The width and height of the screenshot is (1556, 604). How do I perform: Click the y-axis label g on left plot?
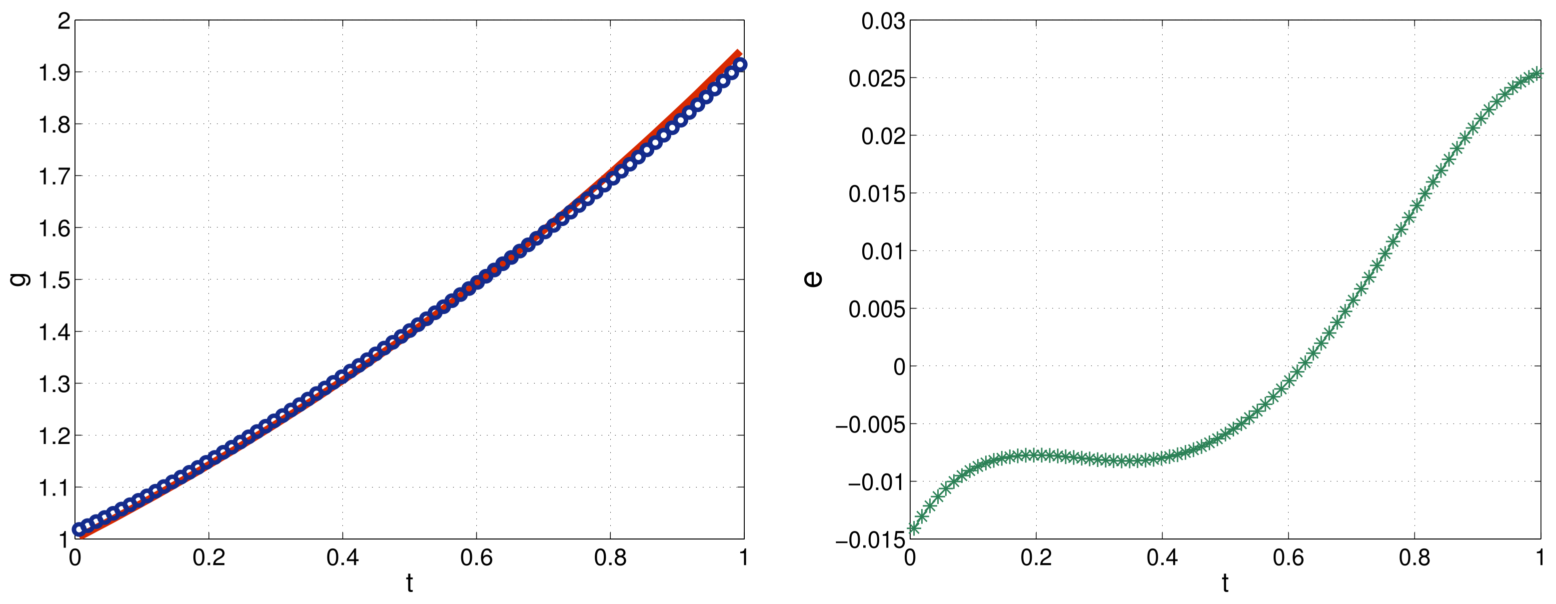click(x=20, y=279)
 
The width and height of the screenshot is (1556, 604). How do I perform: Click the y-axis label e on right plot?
click(x=813, y=278)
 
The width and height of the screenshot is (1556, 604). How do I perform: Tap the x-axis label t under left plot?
click(x=409, y=583)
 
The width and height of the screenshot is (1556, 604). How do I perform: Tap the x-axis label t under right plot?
click(x=1225, y=583)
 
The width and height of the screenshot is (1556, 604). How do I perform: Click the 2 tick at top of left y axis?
click(x=63, y=21)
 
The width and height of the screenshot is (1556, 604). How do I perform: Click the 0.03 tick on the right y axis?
click(x=883, y=21)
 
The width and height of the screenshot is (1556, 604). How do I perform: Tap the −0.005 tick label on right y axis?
click(x=870, y=424)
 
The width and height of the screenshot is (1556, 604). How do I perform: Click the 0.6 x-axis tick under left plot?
click(x=476, y=557)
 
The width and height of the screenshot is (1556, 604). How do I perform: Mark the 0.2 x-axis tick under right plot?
click(x=1036, y=557)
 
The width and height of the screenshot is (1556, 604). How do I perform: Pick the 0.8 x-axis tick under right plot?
click(x=1414, y=557)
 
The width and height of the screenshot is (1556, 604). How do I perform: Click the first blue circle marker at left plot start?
click(x=78, y=529)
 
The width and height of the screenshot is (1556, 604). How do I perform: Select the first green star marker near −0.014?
click(x=913, y=528)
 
